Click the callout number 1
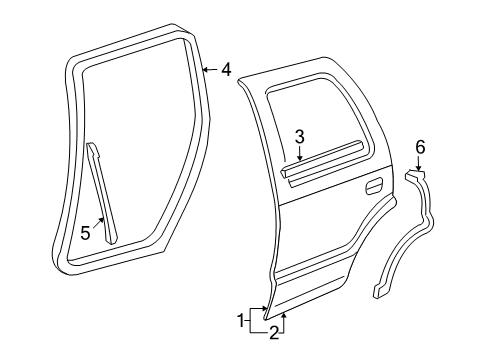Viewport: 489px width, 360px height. pos(239,320)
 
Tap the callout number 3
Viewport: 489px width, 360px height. pos(298,138)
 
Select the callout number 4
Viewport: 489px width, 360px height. pos(226,70)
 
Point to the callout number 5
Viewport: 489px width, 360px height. pos(85,234)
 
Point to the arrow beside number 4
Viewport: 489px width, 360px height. pos(209,70)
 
